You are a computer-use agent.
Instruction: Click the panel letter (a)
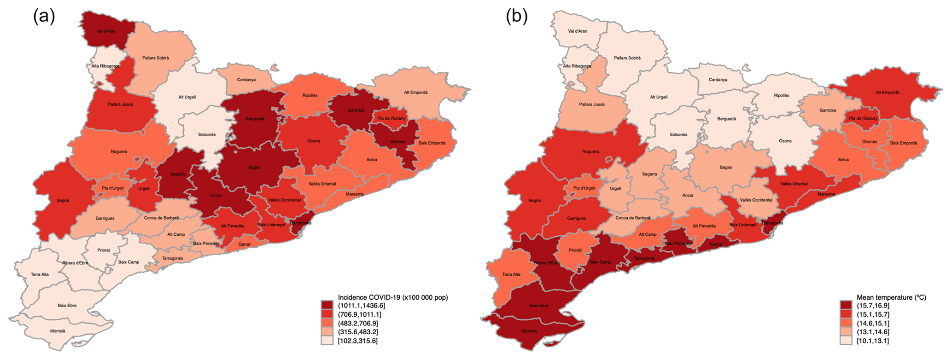pos(44,17)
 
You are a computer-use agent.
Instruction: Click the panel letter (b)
pos(517,17)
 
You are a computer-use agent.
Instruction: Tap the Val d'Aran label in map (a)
pos(106,31)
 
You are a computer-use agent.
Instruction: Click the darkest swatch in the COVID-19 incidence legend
pos(327,305)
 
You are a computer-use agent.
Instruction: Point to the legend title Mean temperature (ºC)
pos(891,297)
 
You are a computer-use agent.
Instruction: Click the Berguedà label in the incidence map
pos(255,119)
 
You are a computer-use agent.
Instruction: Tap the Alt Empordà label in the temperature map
pos(887,93)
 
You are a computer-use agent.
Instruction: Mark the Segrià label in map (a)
pos(63,200)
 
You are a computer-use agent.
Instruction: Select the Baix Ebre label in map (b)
pos(539,305)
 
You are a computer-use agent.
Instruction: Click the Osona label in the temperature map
pos(785,141)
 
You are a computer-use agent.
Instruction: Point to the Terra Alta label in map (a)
pos(40,274)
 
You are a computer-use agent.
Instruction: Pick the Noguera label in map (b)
pos(590,151)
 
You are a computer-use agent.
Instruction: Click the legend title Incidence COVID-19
pos(392,297)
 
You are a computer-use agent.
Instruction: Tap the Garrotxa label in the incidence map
pos(356,110)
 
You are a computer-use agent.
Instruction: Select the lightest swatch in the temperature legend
pos(846,341)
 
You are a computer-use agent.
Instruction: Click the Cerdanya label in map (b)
pos(718,80)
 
